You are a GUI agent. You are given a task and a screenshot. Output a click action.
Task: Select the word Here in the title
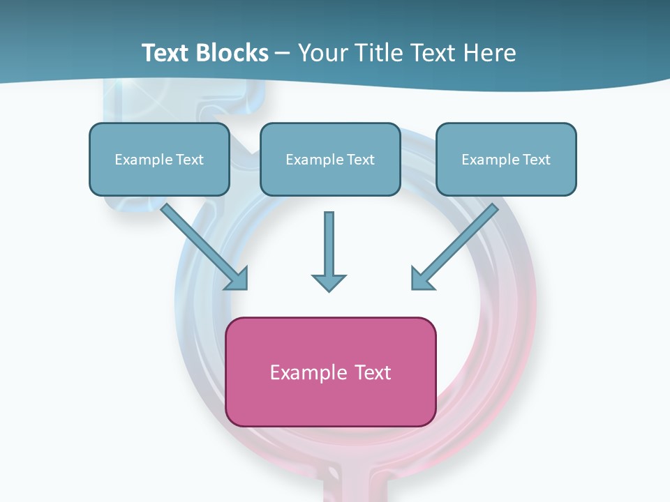point(490,53)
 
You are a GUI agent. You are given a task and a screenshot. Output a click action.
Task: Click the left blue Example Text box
point(159,159)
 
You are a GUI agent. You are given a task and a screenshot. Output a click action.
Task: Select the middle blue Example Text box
point(330,159)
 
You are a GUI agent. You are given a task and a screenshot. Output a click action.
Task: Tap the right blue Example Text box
point(506,159)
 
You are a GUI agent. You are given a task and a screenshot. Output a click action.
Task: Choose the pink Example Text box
point(331,372)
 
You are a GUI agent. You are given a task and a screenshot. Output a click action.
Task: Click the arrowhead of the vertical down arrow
point(329,282)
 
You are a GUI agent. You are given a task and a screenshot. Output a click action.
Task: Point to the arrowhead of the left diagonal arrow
point(237,279)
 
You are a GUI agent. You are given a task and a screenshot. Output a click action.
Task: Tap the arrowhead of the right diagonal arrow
point(422,278)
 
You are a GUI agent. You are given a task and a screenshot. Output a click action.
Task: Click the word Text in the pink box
point(373,372)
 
